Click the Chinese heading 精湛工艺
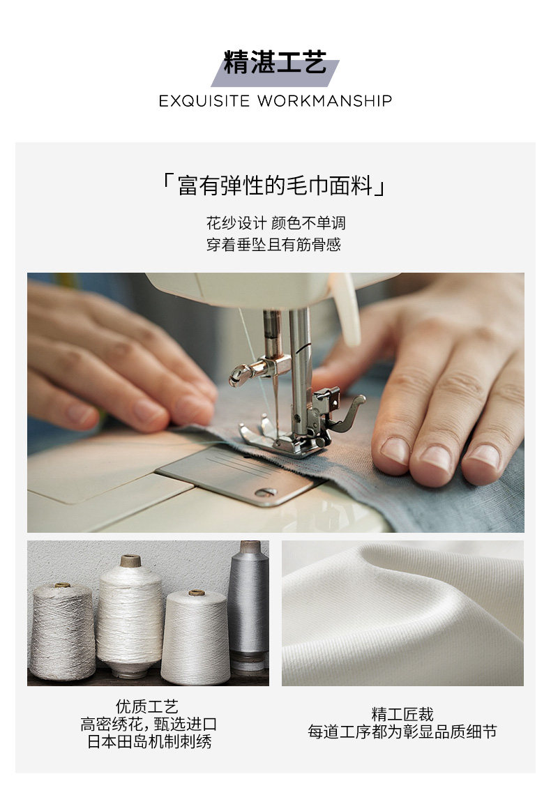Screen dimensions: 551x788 [x=275, y=62]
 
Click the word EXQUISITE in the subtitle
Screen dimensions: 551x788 [x=204, y=101]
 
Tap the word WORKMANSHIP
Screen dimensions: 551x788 [x=325, y=101]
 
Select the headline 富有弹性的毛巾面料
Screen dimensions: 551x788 [x=275, y=185]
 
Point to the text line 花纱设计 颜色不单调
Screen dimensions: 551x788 [x=275, y=222]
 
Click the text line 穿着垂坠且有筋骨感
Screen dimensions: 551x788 [x=273, y=245]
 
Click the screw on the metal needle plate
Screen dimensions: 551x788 [x=265, y=492]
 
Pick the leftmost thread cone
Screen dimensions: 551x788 [x=62, y=631]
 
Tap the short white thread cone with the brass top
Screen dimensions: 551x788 [x=195, y=637]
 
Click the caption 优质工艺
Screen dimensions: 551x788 [x=146, y=706]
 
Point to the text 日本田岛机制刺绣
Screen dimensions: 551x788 [x=149, y=741]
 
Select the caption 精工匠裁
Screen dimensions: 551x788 [x=402, y=714]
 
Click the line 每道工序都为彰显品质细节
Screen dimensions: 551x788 [x=402, y=732]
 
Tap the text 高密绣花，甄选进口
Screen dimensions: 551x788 [x=149, y=724]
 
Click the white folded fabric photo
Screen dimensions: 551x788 [x=402, y=613]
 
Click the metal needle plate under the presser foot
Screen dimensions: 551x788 [x=237, y=475]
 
